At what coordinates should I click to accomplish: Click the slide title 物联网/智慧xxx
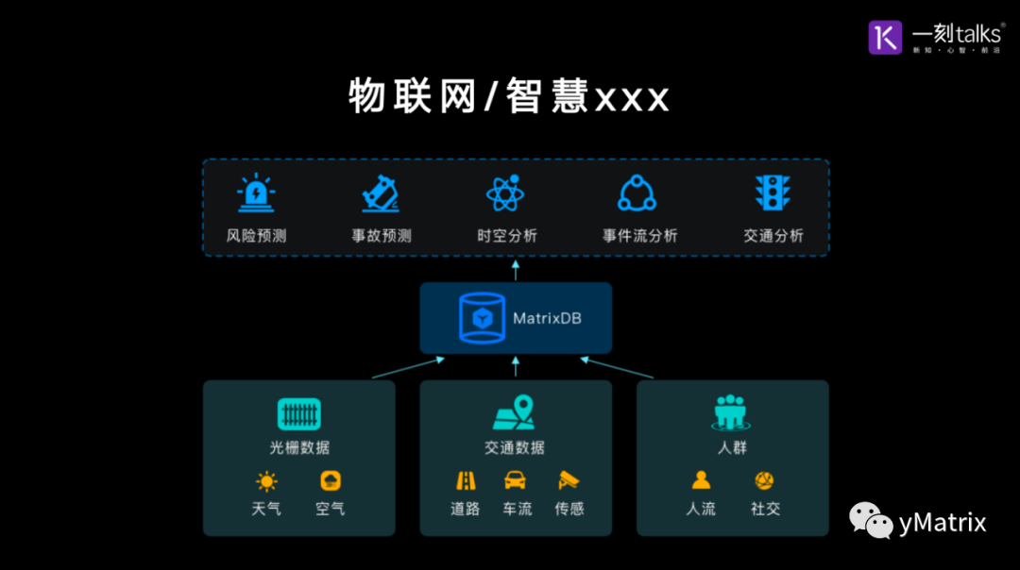[x=509, y=97]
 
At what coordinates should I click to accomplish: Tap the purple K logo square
[x=886, y=37]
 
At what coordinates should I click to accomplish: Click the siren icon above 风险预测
[x=255, y=193]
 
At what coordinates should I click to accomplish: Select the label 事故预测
[x=382, y=236]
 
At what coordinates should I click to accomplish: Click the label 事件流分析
[x=640, y=236]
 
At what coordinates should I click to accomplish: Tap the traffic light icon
[x=773, y=193]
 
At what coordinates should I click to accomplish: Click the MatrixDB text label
[x=547, y=318]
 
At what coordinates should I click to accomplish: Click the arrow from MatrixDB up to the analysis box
[x=516, y=270]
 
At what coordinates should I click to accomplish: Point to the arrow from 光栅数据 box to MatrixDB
[x=408, y=368]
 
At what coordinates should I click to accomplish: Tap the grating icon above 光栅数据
[x=299, y=413]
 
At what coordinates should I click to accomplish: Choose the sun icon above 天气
[x=266, y=482]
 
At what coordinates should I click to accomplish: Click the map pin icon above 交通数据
[x=515, y=413]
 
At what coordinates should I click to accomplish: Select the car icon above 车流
[x=515, y=481]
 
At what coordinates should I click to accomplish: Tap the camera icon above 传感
[x=568, y=481]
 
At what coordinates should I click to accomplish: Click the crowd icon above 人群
[x=731, y=411]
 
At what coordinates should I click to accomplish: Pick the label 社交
[x=765, y=509]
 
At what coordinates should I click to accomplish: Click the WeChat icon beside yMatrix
[x=871, y=520]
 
